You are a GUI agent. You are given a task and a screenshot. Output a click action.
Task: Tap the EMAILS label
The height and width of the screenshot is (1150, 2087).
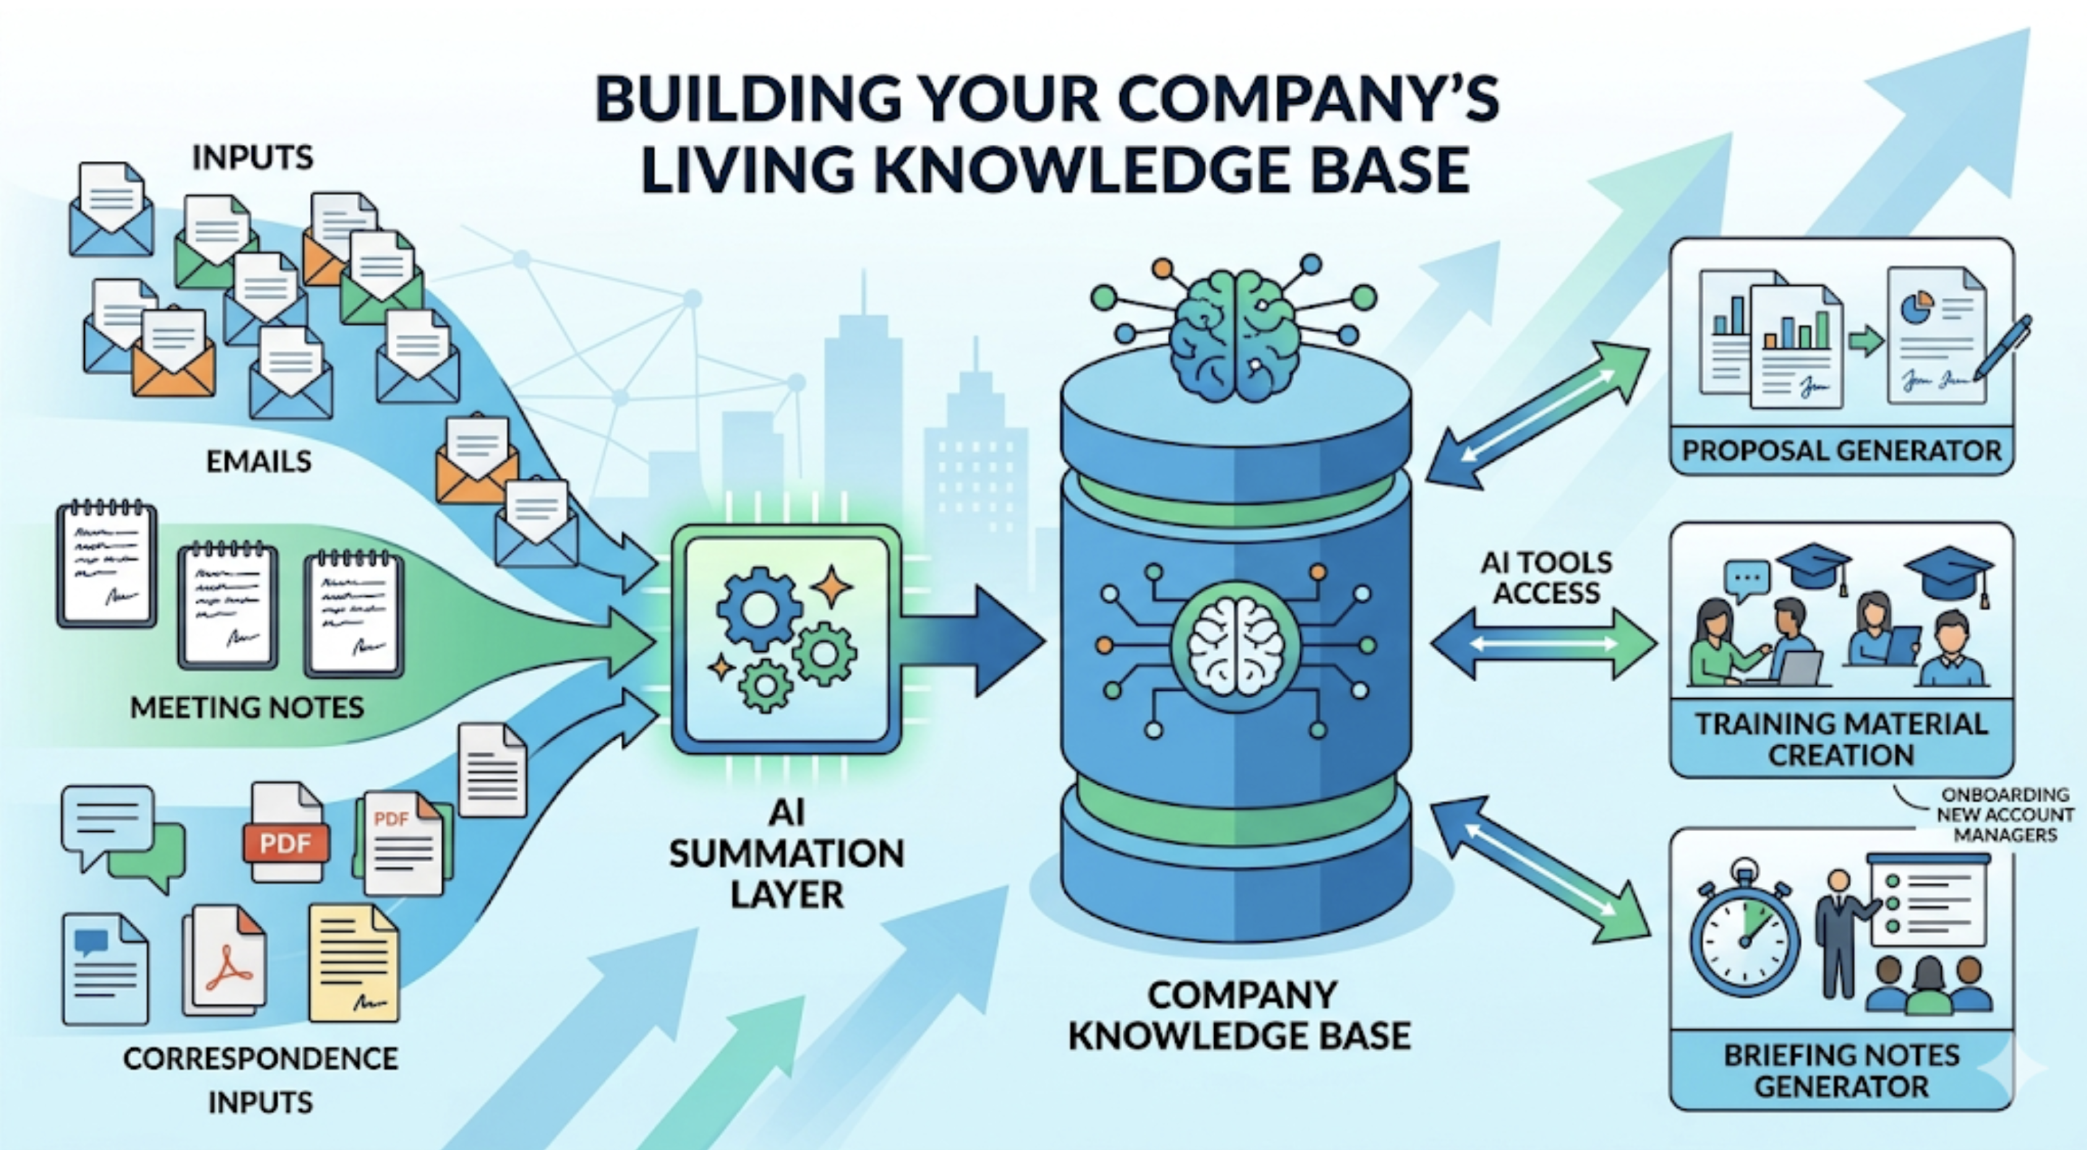pyautogui.click(x=259, y=462)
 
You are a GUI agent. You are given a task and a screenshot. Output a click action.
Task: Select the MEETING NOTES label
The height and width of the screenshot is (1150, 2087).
pyautogui.click(x=247, y=707)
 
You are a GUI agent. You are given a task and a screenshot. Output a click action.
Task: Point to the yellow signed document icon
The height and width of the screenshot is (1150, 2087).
pyautogui.click(x=354, y=963)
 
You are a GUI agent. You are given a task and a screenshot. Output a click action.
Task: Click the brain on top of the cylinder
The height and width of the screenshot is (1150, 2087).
pyautogui.click(x=1234, y=335)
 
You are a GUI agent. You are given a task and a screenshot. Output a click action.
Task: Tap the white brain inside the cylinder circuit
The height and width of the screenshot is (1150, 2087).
pyautogui.click(x=1235, y=645)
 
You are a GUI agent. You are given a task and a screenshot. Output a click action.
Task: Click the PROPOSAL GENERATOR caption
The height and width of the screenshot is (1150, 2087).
pyautogui.click(x=1841, y=451)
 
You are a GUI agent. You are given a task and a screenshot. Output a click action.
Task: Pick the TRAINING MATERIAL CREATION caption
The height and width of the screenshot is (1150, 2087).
pyautogui.click(x=1841, y=738)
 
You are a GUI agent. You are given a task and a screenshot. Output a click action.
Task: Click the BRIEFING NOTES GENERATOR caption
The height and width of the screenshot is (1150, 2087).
pyautogui.click(x=1841, y=1071)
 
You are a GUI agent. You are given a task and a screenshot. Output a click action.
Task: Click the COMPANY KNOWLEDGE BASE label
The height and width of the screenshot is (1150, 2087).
pyautogui.click(x=1240, y=1016)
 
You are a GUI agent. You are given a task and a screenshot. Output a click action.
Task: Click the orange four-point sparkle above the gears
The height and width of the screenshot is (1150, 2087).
pyautogui.click(x=832, y=586)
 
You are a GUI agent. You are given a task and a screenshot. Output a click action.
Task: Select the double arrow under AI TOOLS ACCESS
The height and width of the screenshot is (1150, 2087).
pyautogui.click(x=1544, y=645)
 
